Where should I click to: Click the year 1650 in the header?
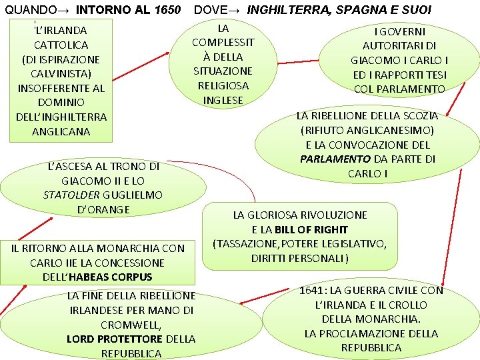[x=165, y=10]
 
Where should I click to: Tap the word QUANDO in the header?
[x=31, y=10]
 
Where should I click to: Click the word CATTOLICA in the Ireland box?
[x=61, y=45]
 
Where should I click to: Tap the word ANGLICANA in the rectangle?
[x=61, y=131]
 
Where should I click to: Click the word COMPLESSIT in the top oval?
[x=223, y=42]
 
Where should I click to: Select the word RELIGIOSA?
[x=223, y=85]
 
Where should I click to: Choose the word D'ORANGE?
[x=103, y=210]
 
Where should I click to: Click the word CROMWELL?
[x=131, y=325]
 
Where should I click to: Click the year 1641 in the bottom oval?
[x=313, y=291]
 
